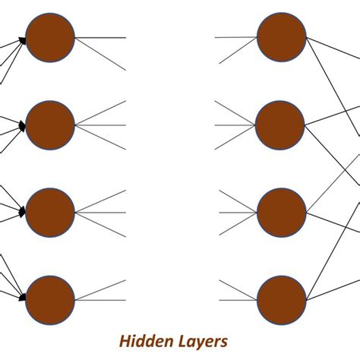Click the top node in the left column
coord(50,37)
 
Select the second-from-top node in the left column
coord(50,125)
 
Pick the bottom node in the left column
coord(50,298)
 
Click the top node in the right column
coord(281,37)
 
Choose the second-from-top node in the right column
coord(281,125)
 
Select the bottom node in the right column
coord(281,298)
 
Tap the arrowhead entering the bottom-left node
coord(22,298)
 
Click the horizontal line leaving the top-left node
coord(103,37)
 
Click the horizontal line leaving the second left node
coord(103,125)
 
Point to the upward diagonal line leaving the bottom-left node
coord(103,288)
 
